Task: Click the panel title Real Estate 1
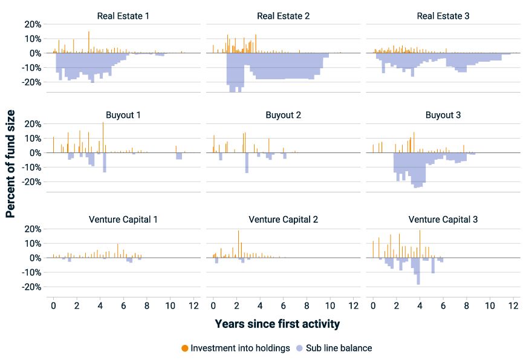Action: point(123,15)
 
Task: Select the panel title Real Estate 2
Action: point(283,15)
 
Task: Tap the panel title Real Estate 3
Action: point(443,15)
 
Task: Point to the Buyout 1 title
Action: point(123,114)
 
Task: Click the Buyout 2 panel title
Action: point(283,114)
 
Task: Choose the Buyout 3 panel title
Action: point(443,114)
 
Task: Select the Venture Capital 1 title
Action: point(123,219)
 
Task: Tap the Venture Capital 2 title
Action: point(283,219)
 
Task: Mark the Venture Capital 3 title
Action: point(443,219)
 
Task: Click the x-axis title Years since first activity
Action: point(277,324)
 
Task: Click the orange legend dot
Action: point(185,348)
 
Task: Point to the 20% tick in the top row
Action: point(33,24)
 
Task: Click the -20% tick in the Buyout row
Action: point(31,182)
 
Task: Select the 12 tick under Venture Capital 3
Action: point(513,306)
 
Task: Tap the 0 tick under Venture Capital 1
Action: point(53,306)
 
